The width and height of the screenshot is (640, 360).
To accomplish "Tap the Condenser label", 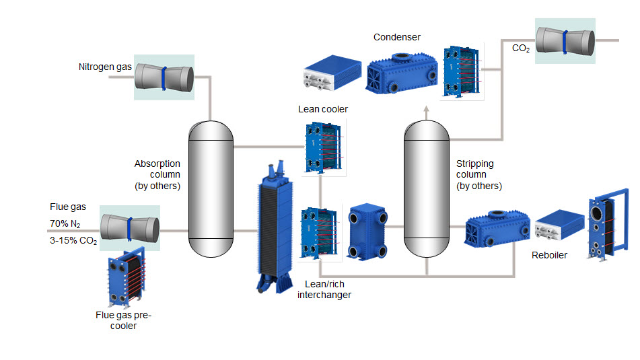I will pos(396,37).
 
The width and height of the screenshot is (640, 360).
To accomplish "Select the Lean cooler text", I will pos(323,109).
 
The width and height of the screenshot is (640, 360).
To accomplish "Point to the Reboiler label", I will pos(549,255).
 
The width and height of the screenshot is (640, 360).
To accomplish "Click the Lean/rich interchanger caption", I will pos(324,289).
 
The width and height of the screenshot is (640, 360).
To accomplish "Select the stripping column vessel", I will pos(426,188).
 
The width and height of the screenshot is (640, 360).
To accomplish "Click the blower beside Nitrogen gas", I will pos(164,77).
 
